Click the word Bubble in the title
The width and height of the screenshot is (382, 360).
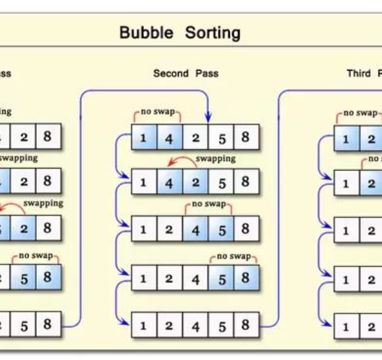click(x=147, y=32)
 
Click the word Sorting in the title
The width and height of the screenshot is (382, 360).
click(x=213, y=33)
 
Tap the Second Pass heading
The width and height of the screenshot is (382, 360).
click(x=185, y=73)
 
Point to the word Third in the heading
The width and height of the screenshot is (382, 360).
click(x=358, y=73)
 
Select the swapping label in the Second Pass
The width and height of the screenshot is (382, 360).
click(x=215, y=158)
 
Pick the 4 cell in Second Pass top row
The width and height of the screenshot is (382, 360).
click(x=170, y=138)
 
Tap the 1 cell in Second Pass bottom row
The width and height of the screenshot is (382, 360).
click(x=144, y=326)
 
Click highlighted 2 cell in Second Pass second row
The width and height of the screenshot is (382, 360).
click(x=195, y=183)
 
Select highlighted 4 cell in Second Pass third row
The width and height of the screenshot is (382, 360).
click(x=195, y=230)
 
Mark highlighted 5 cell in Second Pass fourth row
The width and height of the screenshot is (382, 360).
click(x=222, y=277)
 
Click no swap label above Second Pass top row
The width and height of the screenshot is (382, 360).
click(x=157, y=111)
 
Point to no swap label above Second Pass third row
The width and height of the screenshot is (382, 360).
click(x=209, y=204)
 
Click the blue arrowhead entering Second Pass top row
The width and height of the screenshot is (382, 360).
click(x=208, y=118)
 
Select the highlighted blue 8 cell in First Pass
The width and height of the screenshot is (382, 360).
click(x=48, y=277)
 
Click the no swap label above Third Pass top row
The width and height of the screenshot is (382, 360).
click(x=360, y=113)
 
